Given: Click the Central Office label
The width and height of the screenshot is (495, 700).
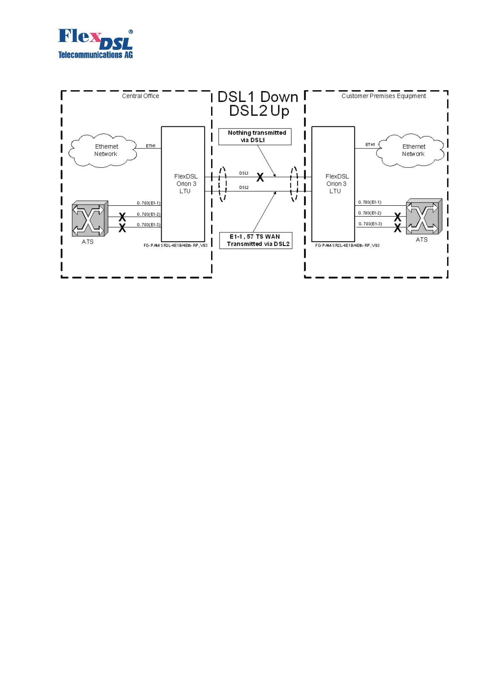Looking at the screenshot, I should click(140, 96).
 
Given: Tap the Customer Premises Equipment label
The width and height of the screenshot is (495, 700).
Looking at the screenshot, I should click(384, 96).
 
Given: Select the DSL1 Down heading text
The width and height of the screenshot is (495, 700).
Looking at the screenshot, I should click(258, 97).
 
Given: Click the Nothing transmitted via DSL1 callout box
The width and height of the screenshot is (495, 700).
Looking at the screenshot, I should click(255, 136).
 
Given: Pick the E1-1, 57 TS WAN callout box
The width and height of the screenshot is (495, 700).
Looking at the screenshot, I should click(256, 240).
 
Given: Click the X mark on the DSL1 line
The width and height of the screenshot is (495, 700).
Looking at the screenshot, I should click(260, 177).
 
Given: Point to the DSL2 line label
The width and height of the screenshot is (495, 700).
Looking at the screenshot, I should click(244, 187).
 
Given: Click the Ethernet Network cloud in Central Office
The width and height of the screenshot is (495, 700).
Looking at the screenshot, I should click(103, 150).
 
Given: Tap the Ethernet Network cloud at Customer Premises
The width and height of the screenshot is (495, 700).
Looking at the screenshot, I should click(411, 150).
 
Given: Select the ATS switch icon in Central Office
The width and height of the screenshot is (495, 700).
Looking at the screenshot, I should click(89, 219).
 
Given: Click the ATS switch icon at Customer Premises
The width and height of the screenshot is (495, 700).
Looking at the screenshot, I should click(424, 217).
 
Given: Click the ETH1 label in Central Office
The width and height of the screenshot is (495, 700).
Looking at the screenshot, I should click(150, 146).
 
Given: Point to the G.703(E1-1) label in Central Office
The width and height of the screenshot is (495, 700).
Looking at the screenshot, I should click(148, 203).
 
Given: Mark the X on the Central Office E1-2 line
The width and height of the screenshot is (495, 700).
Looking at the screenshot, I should click(122, 217).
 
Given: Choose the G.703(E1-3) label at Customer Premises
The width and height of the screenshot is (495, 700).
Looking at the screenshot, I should click(370, 224).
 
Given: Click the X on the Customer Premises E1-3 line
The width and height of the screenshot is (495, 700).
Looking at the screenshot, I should click(398, 228).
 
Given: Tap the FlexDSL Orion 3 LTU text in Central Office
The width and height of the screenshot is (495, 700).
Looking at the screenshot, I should click(185, 184).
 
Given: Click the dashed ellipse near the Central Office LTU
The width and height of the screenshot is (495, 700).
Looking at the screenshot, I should click(223, 184).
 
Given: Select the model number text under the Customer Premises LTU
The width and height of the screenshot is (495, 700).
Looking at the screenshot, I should click(347, 246).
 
